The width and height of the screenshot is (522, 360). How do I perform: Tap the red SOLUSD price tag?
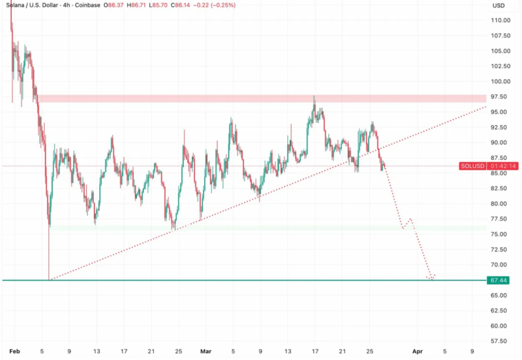pyautogui.click(x=473, y=166)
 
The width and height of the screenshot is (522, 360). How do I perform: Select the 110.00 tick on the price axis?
pyautogui.click(x=502, y=20)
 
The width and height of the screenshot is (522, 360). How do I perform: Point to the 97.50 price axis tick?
pyautogui.click(x=502, y=97)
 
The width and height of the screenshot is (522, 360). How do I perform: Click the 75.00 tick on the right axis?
pyautogui.click(x=502, y=235)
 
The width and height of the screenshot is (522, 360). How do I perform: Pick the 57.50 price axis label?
pyautogui.click(x=502, y=341)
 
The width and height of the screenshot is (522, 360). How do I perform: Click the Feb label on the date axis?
pyautogui.click(x=14, y=351)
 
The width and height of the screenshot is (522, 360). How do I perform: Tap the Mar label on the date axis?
pyautogui.click(x=205, y=351)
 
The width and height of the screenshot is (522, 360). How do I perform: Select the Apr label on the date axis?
pyautogui.click(x=417, y=351)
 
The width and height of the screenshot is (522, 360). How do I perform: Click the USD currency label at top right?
pyautogui.click(x=498, y=6)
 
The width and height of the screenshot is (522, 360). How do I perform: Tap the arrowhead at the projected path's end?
pyautogui.click(x=431, y=278)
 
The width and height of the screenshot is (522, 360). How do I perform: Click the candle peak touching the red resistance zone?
pyautogui.click(x=314, y=96)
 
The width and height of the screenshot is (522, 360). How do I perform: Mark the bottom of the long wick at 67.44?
pyautogui.click(x=49, y=279)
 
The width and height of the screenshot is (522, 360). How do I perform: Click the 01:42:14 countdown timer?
pyautogui.click(x=503, y=166)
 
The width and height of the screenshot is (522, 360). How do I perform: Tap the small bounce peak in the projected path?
pyautogui.click(x=410, y=219)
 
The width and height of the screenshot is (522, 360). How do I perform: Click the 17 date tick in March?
pyautogui.click(x=315, y=351)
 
